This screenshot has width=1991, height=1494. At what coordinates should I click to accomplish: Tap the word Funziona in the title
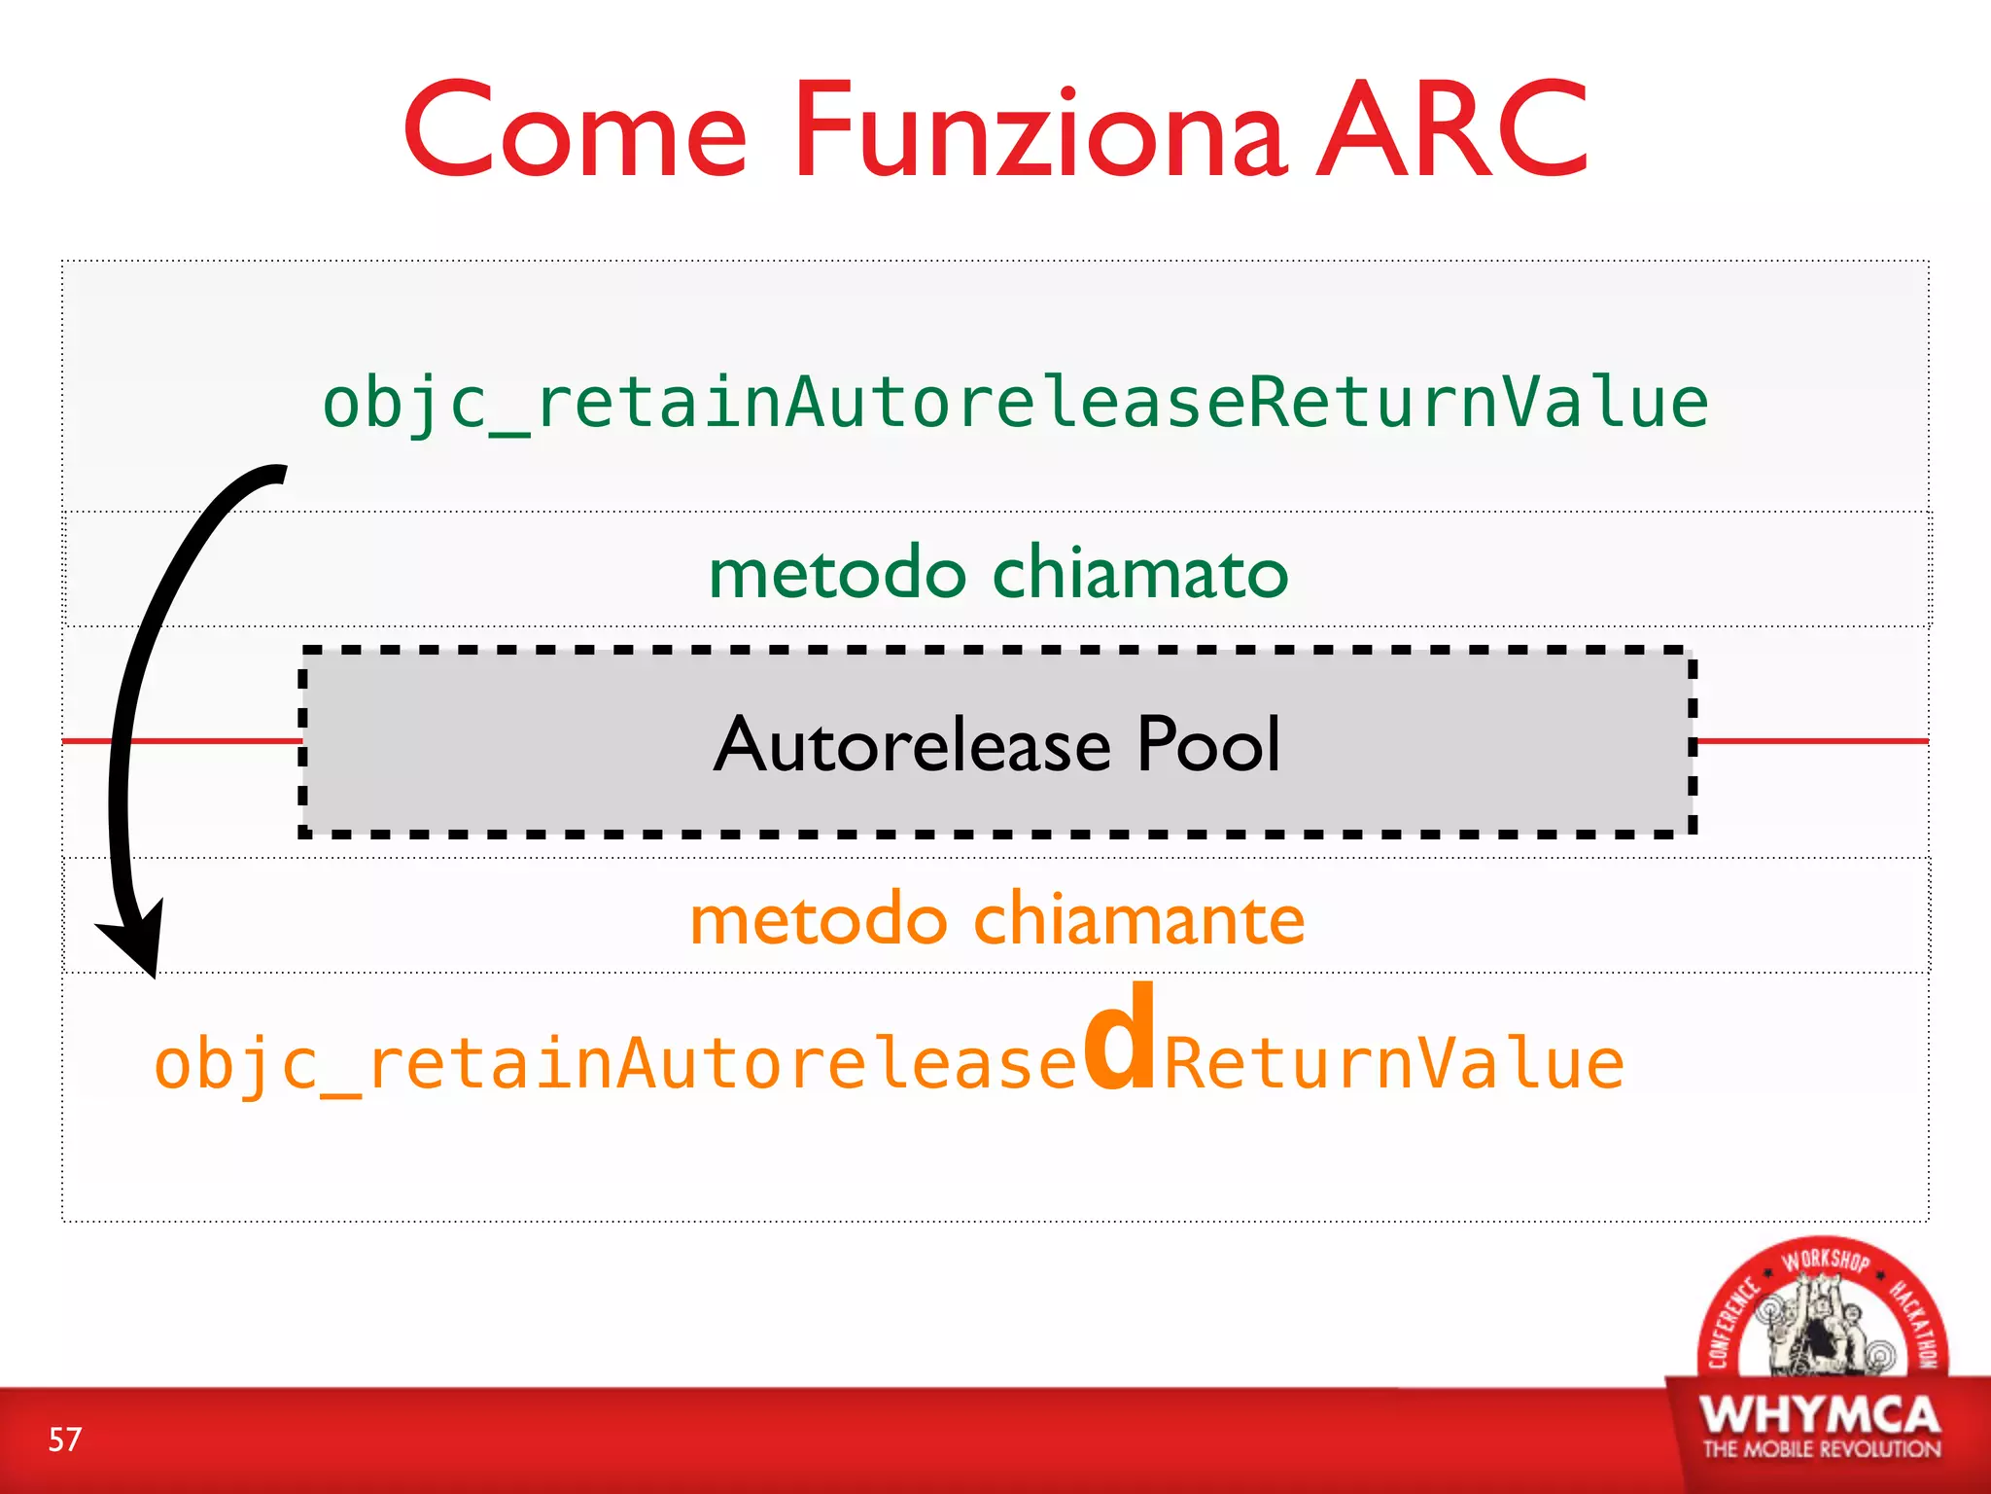point(1040,131)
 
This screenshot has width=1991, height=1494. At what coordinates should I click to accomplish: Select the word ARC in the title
point(1452,131)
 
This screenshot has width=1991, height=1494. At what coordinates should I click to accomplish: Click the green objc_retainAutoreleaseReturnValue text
point(1015,404)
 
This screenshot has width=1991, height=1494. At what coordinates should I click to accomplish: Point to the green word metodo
point(837,573)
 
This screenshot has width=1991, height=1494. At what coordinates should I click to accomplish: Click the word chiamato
point(1140,573)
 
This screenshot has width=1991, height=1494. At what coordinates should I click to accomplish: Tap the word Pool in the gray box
point(1208,745)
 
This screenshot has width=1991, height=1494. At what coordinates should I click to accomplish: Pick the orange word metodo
point(818,919)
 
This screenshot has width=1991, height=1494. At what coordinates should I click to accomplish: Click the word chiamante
point(1138,919)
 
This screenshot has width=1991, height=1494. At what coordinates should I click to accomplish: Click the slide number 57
point(65,1440)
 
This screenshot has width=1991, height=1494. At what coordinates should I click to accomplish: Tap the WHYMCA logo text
point(1820,1414)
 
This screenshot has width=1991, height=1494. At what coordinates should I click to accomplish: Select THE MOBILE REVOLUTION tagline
point(1821,1449)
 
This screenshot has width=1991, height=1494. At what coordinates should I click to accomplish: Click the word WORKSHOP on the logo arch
point(1825,1261)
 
